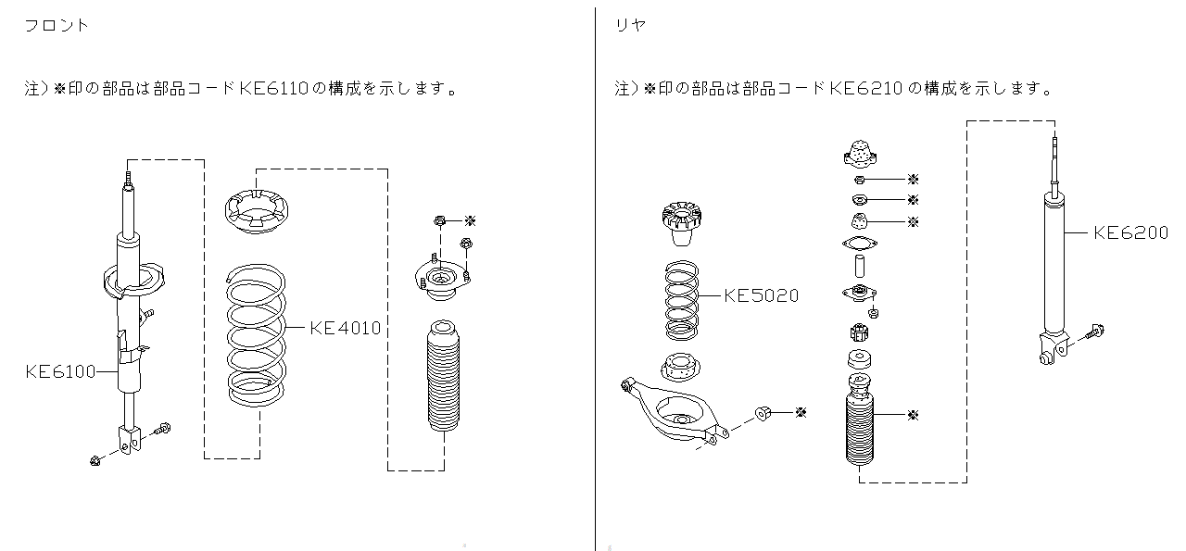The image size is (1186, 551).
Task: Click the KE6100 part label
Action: pos(60,372)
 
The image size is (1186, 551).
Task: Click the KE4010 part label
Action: pos(345,328)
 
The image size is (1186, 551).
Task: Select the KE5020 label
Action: pos(761,295)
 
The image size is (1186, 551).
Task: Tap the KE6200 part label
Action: pos(1130,233)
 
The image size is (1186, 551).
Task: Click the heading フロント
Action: pos(57,26)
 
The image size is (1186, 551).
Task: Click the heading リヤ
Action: pos(631,26)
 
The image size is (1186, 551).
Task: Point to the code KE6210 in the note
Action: pos(866,89)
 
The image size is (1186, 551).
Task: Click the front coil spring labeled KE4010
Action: pos(256,335)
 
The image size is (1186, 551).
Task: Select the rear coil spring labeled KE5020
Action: pos(683,301)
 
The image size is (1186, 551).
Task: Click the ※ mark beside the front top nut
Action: pos(470,221)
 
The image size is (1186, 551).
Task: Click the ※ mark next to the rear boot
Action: pos(914,415)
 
